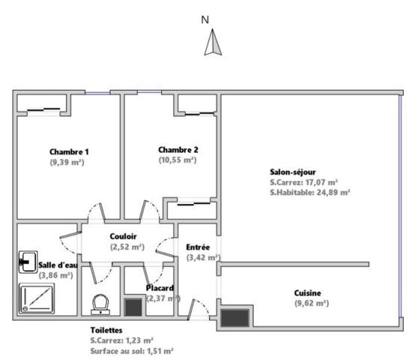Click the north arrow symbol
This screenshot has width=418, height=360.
(x=213, y=42)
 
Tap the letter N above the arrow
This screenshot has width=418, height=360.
(x=205, y=19)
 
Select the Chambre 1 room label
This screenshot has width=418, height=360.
(x=69, y=151)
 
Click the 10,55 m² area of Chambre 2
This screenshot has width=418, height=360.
(x=178, y=160)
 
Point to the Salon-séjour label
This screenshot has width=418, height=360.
(x=293, y=172)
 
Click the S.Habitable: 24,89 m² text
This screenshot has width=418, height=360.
(x=310, y=193)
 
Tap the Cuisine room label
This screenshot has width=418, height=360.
(x=307, y=293)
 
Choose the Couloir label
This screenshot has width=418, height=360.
(x=123, y=236)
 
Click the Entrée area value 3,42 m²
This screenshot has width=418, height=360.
(x=204, y=258)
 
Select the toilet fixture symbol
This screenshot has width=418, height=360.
(x=100, y=304)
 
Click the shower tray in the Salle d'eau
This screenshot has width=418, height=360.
(x=37, y=298)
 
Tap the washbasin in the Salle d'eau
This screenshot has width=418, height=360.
(x=28, y=262)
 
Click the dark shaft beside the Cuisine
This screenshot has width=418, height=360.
(x=235, y=318)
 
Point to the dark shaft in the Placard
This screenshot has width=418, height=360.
(x=133, y=307)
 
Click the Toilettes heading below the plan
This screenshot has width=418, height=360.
(x=106, y=331)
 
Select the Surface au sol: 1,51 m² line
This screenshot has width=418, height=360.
(x=132, y=351)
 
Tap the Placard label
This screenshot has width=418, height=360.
(x=160, y=288)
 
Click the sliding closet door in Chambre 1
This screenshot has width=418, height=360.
(x=43, y=109)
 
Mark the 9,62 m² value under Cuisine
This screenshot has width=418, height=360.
(x=312, y=304)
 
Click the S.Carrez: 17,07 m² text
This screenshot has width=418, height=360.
(x=304, y=182)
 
